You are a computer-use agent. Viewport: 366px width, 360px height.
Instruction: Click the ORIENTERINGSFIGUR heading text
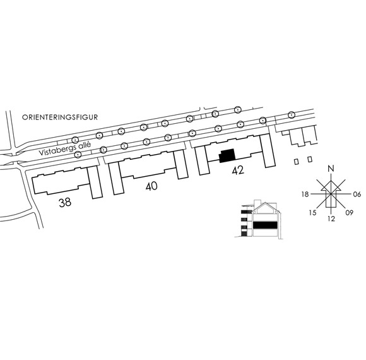tap(60, 117)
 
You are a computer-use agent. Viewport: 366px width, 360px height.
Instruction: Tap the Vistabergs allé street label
tap(64, 148)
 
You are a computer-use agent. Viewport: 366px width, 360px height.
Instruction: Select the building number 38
tap(65, 203)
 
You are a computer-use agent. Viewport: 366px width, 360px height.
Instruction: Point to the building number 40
tap(151, 186)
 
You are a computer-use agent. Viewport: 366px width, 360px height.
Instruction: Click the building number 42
tap(238, 171)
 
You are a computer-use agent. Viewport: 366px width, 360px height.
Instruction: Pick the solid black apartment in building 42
tap(227, 155)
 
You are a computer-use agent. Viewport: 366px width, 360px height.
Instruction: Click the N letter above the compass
tap(331, 169)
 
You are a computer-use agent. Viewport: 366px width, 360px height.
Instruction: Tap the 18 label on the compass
tap(305, 194)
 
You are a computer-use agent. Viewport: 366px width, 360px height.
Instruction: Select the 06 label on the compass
tap(357, 194)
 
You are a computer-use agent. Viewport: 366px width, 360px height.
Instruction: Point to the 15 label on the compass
tap(313, 213)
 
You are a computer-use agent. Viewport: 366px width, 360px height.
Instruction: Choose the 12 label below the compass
tap(331, 219)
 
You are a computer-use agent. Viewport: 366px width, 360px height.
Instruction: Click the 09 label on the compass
tap(349, 213)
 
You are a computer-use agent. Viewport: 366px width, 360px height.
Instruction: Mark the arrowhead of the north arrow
tap(331, 181)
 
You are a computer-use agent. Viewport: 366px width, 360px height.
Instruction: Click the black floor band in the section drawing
tap(265, 225)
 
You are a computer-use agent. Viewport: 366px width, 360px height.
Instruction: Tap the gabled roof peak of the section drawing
tap(264, 203)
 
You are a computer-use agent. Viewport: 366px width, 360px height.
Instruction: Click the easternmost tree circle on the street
tap(291, 115)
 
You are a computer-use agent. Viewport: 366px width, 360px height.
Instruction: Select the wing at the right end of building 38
tap(95, 183)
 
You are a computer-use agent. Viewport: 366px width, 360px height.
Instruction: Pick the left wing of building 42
tap(202, 161)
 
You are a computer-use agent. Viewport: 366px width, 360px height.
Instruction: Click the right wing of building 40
tap(181, 164)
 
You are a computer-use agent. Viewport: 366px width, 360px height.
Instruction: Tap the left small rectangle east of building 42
tap(296, 162)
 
